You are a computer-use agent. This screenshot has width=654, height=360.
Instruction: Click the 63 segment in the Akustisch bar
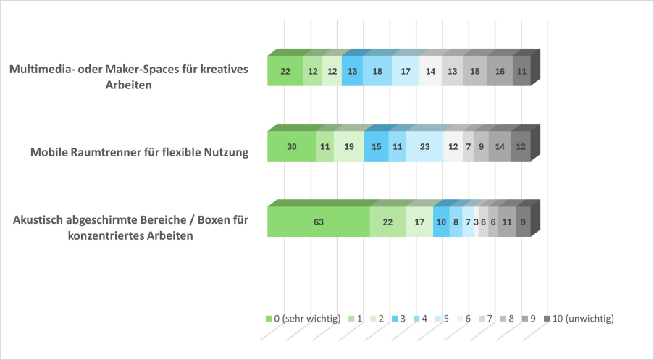click(x=318, y=222)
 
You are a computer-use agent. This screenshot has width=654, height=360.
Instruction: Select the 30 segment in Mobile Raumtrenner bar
click(x=291, y=147)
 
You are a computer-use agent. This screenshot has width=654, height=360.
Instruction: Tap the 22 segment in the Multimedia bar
click(x=285, y=72)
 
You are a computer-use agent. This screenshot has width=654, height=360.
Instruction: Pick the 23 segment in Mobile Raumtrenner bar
click(x=424, y=147)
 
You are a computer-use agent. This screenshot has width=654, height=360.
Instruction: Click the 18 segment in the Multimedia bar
click(x=377, y=72)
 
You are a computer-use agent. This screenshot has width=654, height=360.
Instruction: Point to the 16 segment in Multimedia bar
click(x=500, y=72)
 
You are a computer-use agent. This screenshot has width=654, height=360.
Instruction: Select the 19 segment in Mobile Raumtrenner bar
click(x=348, y=147)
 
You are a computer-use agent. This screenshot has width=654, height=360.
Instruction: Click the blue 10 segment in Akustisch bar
click(x=441, y=222)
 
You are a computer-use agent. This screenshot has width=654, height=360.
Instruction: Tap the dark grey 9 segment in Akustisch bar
click(x=523, y=222)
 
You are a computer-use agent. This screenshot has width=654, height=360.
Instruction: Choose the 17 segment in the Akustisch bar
click(x=419, y=222)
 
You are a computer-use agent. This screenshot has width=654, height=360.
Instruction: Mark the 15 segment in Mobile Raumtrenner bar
click(x=376, y=147)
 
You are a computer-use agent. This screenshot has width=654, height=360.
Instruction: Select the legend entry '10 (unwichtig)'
click(x=582, y=318)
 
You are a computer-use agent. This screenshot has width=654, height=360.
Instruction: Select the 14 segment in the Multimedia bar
click(x=430, y=72)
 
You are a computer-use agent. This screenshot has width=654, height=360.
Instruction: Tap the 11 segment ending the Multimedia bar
click(x=521, y=72)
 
